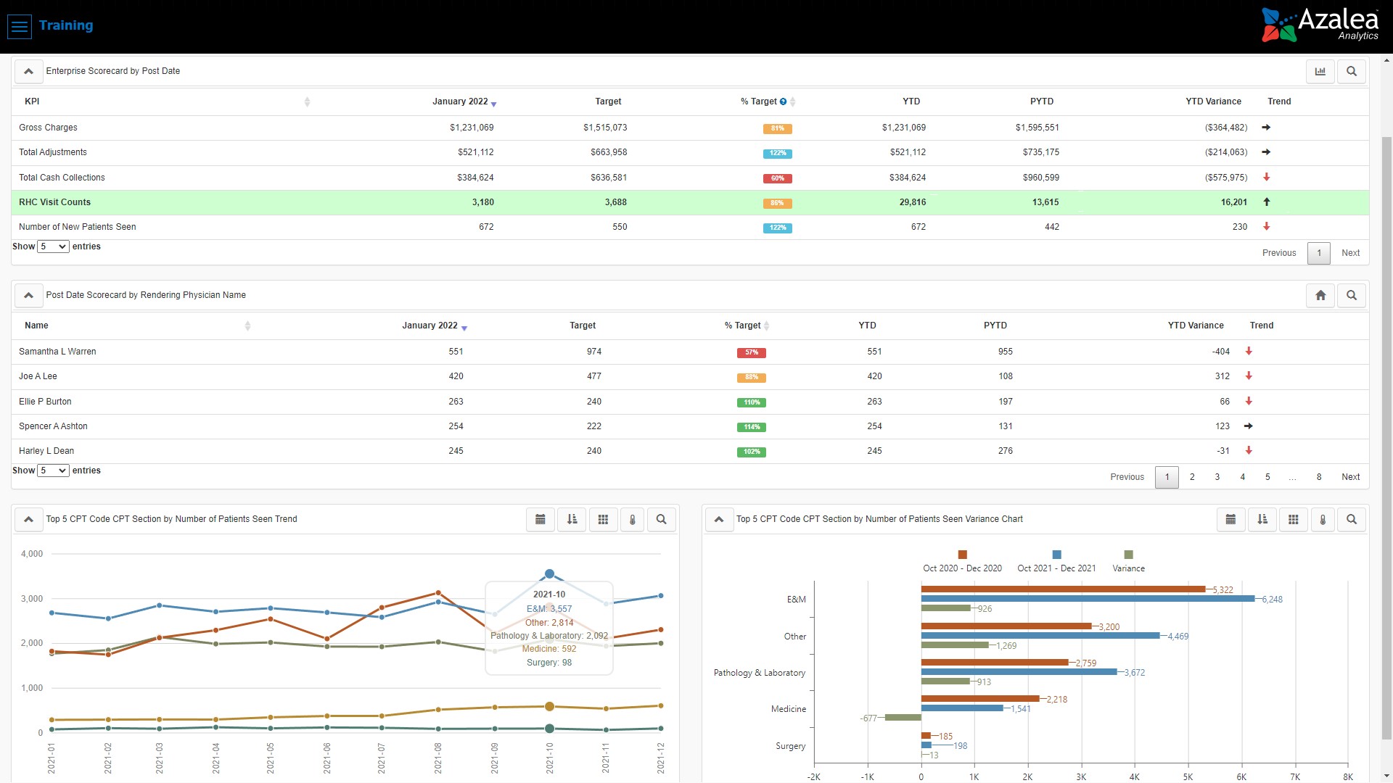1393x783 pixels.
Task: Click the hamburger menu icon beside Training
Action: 20,26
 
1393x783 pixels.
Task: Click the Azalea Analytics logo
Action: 1320,25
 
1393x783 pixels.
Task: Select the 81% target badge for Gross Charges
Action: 777,128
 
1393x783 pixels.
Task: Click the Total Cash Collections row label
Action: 62,178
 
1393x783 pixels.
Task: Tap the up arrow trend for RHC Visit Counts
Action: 1267,202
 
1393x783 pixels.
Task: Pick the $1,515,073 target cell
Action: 605,128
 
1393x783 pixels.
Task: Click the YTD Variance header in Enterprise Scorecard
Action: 1213,101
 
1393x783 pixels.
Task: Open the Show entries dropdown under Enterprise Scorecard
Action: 54,246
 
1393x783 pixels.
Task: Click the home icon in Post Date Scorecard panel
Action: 1320,295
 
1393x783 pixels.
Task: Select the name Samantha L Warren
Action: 57,352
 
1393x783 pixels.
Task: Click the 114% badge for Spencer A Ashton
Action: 752,427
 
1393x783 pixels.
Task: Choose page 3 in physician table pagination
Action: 1217,477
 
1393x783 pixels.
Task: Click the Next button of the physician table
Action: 1350,477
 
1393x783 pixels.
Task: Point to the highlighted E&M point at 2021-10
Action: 549,574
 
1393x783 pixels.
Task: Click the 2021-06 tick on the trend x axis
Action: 327,758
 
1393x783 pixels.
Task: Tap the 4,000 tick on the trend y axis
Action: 32,554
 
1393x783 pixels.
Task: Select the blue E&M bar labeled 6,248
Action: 1088,599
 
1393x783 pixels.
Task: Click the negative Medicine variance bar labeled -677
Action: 903,718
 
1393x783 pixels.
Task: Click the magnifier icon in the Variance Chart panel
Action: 1352,519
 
